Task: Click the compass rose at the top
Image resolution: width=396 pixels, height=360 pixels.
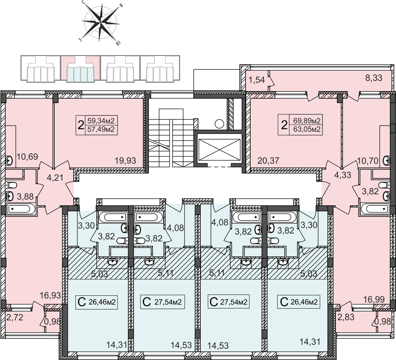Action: point(101,23)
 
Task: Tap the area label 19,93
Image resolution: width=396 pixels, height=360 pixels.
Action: point(125,160)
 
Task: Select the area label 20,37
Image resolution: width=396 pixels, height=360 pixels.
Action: point(268,160)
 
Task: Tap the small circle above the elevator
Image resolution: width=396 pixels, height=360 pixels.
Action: point(219,124)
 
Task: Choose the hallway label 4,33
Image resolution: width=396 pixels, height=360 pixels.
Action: point(343,175)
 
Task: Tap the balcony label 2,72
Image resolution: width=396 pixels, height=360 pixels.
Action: point(15,317)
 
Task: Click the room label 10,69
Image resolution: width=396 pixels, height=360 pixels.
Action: point(27,157)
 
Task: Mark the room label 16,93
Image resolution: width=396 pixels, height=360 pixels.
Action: point(51,295)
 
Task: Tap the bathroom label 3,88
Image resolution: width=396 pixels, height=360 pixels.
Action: point(26,196)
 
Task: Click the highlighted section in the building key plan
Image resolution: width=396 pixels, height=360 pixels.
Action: point(80,69)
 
